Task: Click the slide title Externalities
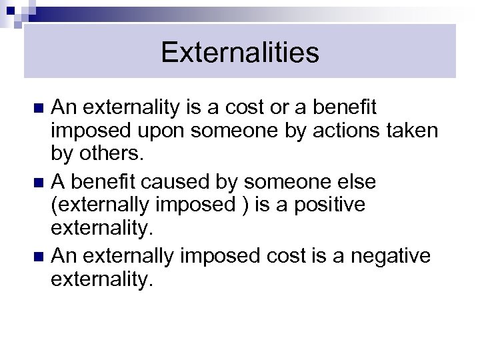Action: click(x=239, y=53)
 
